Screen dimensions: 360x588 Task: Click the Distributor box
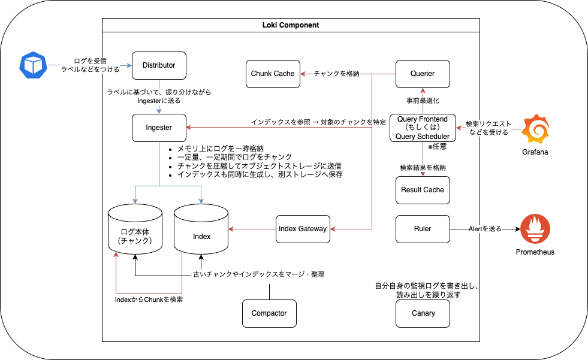[159, 65]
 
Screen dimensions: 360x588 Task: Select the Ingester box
[159, 128]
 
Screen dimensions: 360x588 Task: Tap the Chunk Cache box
[273, 74]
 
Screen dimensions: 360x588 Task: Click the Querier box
[423, 74]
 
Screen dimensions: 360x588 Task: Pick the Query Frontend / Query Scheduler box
[423, 128]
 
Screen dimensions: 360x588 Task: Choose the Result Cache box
[423, 190]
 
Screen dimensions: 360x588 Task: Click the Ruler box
[423, 229]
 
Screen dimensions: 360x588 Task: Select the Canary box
[423, 313]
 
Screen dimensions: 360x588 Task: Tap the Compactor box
[269, 313]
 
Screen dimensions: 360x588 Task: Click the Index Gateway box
[303, 229]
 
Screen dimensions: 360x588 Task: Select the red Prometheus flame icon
[535, 229]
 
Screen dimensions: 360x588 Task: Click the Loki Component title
[291, 25]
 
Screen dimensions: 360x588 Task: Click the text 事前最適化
[423, 100]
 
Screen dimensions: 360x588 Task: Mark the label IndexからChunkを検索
[149, 300]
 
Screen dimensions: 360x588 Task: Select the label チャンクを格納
[337, 74]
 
